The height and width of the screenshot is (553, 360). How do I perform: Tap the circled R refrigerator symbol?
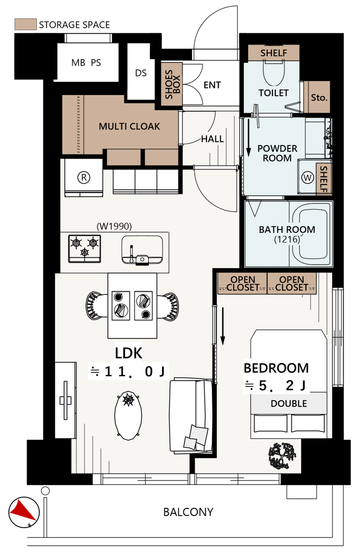pyautogui.click(x=84, y=177)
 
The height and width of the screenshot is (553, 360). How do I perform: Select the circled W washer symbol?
pyautogui.click(x=308, y=177)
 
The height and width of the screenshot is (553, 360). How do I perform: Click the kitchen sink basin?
pyautogui.click(x=143, y=250)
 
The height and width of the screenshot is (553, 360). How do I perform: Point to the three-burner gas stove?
pyautogui.click(x=85, y=249)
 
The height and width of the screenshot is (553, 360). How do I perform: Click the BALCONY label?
pyautogui.click(x=188, y=512)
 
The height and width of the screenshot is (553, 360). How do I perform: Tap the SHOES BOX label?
pyautogui.click(x=172, y=84)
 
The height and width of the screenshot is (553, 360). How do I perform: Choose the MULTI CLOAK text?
pyautogui.click(x=129, y=126)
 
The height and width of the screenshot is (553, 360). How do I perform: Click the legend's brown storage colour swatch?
pyautogui.click(x=25, y=24)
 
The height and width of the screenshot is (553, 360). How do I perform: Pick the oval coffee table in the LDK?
pyautogui.click(x=128, y=415)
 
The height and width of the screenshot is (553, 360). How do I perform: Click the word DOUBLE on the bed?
pyautogui.click(x=289, y=404)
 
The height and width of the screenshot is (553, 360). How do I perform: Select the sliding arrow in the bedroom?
pyautogui.click(x=222, y=326)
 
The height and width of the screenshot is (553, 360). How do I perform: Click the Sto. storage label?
pyautogui.click(x=319, y=97)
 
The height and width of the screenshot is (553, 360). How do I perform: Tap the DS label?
pyautogui.click(x=141, y=73)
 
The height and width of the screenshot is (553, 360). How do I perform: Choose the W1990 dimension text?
pyautogui.click(x=114, y=226)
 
